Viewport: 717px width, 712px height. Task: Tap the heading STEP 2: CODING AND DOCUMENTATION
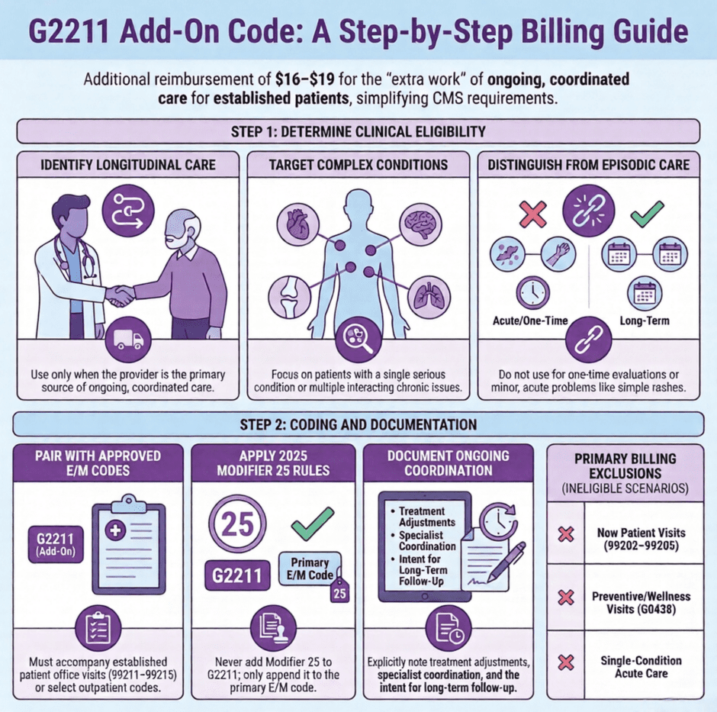point(358,424)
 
